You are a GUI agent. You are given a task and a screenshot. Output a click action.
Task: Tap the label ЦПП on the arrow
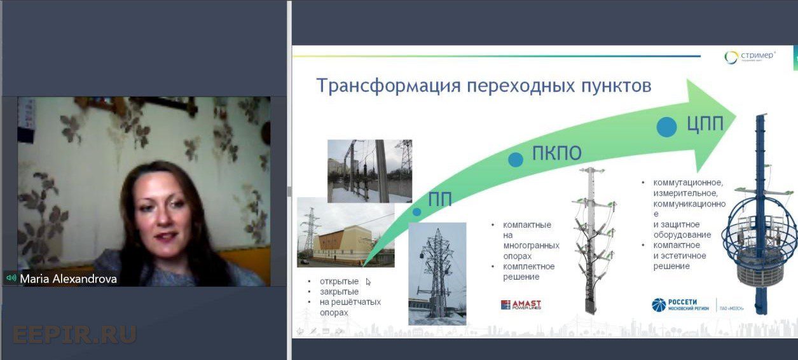[704, 124]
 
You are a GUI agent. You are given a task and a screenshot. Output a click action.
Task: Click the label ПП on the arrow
[439, 199]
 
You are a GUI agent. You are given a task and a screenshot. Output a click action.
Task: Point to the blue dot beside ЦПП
[666, 127]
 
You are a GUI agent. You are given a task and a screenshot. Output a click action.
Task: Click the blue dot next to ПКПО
[516, 160]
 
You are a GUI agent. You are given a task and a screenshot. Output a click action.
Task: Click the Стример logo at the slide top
[750, 57]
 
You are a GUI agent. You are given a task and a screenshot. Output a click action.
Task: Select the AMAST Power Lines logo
[521, 305]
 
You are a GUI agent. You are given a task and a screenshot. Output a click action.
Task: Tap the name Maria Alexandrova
[68, 279]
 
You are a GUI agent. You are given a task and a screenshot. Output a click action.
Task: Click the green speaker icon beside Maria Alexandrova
[11, 278]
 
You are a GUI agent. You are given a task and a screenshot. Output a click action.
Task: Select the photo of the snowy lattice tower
[437, 273]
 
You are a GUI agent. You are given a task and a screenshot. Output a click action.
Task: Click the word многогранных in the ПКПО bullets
[531, 246]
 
